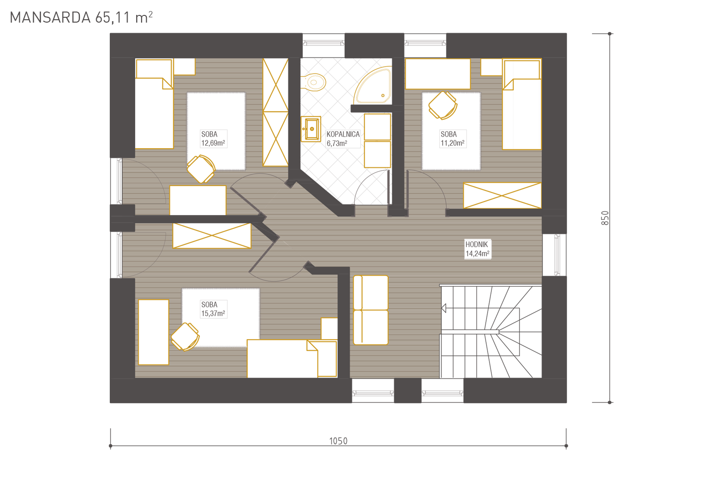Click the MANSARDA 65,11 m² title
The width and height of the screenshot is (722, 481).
click(x=81, y=18)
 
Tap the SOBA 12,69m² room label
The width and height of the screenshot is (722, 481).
click(x=213, y=139)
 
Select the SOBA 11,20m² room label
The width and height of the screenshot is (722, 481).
click(x=452, y=139)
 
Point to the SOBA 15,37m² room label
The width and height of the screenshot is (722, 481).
click(x=213, y=309)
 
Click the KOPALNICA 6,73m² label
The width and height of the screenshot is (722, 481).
click(x=343, y=139)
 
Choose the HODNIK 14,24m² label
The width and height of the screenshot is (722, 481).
click(x=477, y=249)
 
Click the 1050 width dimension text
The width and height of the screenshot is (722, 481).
click(x=338, y=441)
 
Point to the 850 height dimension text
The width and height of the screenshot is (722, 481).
click(x=605, y=218)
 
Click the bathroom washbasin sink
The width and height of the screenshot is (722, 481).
click(x=311, y=129)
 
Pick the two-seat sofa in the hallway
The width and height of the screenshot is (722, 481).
click(x=371, y=310)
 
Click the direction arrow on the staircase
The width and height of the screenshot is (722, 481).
click(x=443, y=308)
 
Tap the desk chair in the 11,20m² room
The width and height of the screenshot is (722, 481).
click(x=443, y=105)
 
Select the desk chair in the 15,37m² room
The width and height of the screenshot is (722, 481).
click(x=185, y=337)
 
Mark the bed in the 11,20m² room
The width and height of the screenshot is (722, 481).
click(x=522, y=104)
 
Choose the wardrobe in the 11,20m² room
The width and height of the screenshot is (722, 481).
click(x=502, y=196)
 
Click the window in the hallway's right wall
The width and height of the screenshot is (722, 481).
click(x=554, y=255)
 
